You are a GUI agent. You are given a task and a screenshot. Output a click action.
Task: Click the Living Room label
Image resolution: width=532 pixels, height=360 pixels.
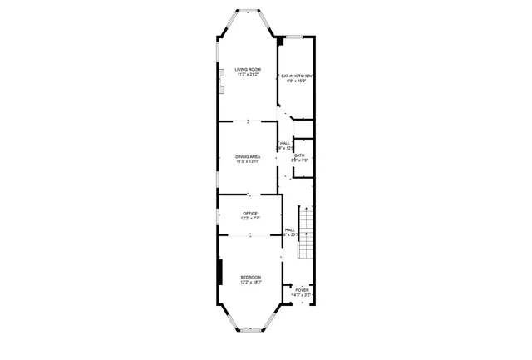[x=247, y=70]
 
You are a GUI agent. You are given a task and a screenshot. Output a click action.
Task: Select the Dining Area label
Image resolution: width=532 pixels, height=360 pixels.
[x=248, y=156]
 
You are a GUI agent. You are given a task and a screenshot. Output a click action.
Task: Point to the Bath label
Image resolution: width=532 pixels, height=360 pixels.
[x=299, y=155]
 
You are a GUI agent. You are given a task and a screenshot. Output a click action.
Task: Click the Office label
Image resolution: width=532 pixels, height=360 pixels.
[x=250, y=214]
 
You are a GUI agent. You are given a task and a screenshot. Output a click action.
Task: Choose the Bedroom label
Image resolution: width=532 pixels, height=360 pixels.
[x=250, y=277]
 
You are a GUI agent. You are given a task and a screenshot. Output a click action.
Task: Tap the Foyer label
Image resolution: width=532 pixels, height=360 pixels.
[x=302, y=290]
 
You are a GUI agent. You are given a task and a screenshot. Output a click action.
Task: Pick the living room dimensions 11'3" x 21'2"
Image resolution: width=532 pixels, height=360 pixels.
[x=248, y=76]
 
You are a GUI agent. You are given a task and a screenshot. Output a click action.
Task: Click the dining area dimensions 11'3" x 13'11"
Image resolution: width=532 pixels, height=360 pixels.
[x=248, y=162]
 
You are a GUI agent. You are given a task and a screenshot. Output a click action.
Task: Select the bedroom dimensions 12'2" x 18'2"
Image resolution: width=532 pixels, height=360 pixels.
[x=250, y=283]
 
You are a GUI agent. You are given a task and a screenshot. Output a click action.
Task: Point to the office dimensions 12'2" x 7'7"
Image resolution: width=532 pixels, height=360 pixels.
[x=250, y=219]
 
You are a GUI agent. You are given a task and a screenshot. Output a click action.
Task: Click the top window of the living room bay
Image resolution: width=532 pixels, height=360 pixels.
[x=248, y=12]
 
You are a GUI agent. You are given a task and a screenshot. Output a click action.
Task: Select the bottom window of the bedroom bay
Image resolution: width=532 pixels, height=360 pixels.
[x=250, y=330]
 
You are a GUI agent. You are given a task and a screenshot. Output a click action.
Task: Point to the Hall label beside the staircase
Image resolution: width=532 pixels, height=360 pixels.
[x=290, y=230]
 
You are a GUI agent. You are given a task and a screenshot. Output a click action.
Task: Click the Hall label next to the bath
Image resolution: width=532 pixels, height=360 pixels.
[x=285, y=143]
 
